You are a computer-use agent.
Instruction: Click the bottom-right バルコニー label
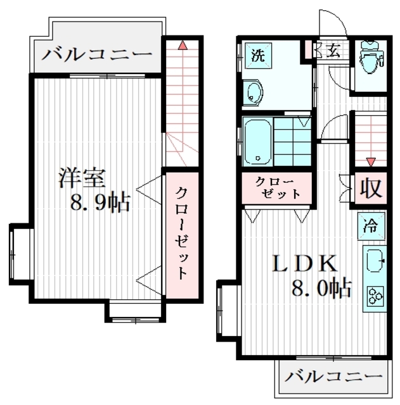pyautogui.click(x=333, y=377)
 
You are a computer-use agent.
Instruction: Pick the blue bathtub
pyautogui.click(x=258, y=140)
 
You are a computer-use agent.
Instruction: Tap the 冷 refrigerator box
pyautogui.click(x=370, y=225)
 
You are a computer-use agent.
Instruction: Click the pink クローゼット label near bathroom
pyautogui.click(x=277, y=188)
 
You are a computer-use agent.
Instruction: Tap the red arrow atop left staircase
pyautogui.click(x=182, y=45)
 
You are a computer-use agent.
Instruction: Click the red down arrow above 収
pyautogui.click(x=370, y=162)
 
